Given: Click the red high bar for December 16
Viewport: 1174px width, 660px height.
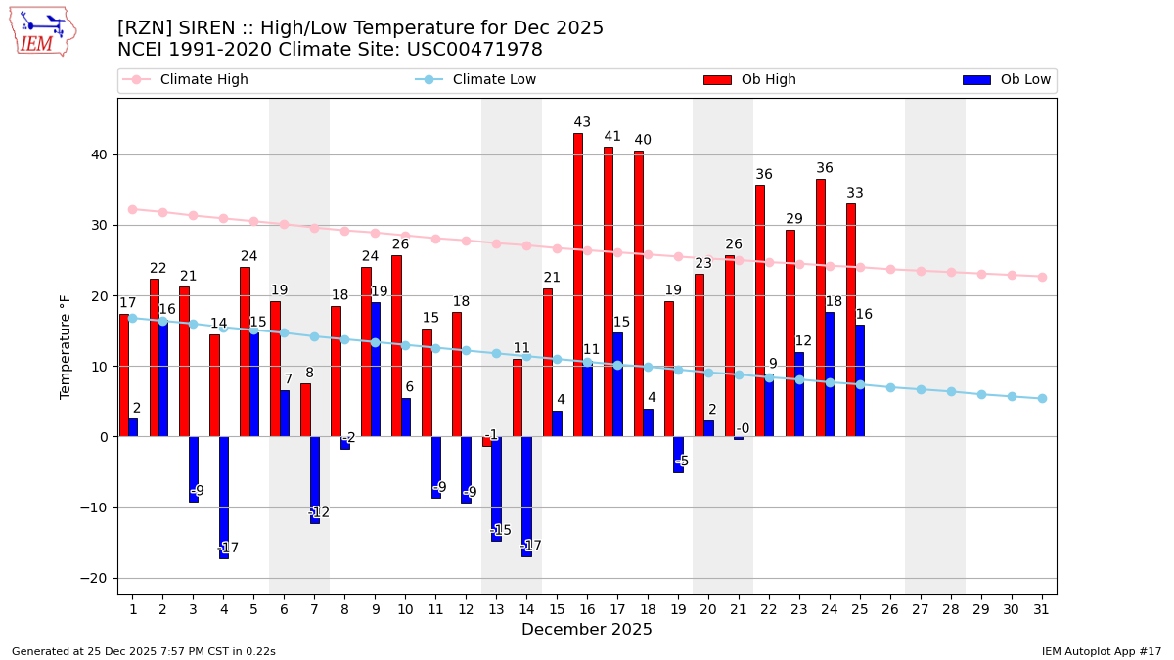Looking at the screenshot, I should (x=578, y=284).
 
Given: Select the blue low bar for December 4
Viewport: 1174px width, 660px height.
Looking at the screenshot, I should (x=224, y=497).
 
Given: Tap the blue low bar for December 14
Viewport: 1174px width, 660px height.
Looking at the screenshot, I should (x=526, y=496).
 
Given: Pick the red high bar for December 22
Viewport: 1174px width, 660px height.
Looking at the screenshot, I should (x=760, y=310).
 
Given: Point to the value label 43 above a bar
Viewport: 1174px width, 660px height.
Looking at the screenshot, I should (x=582, y=122).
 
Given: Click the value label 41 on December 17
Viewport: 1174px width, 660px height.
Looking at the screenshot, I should (x=612, y=137).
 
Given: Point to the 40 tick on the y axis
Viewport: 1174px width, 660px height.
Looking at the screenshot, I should (x=99, y=154).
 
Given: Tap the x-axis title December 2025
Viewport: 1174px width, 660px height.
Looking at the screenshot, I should (x=587, y=630).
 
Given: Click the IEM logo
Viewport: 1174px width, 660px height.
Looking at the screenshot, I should (x=42, y=31).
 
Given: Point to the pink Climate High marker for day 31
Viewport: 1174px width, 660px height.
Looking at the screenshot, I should (x=1042, y=277).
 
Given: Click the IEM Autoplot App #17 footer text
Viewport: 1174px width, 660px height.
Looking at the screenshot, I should (x=1102, y=651).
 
